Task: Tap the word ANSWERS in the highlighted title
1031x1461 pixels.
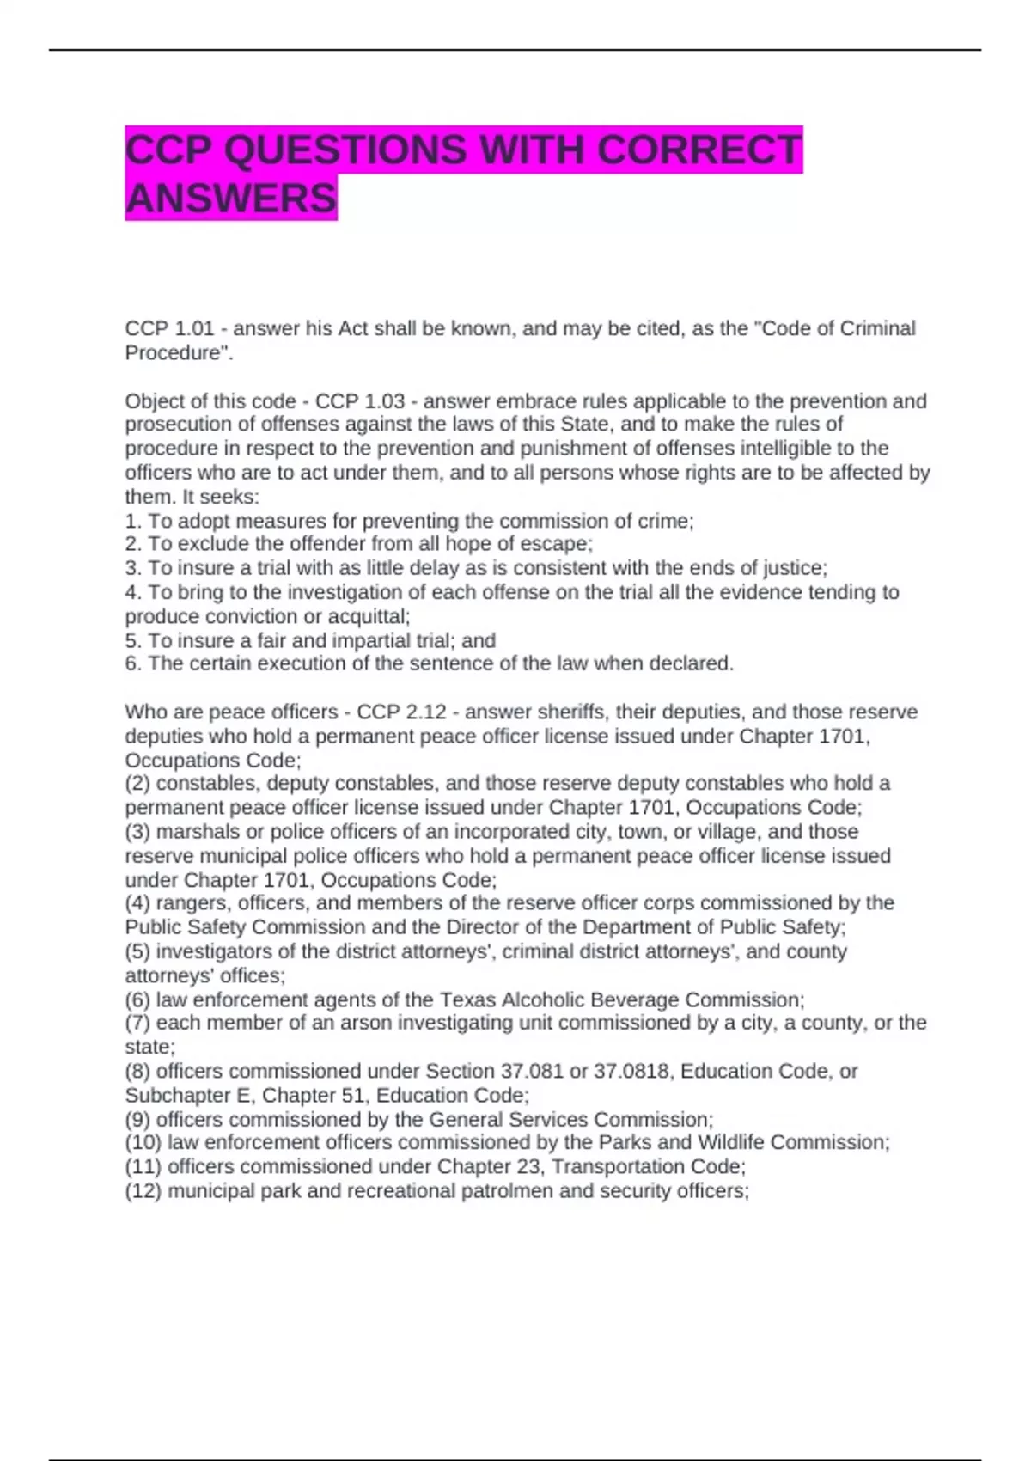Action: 231,198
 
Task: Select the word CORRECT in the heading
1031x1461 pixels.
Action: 699,150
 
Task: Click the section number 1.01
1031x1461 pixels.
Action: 194,329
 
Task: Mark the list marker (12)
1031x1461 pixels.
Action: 143,1191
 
